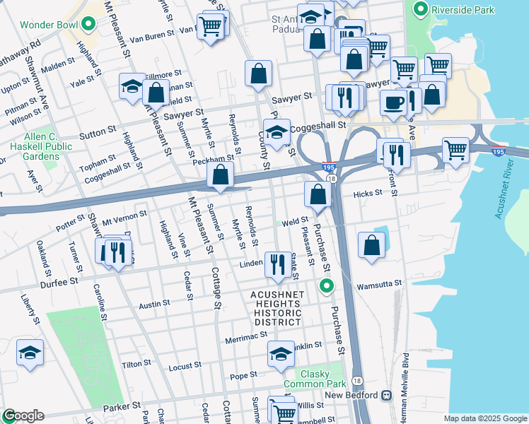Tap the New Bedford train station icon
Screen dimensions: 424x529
[x=387, y=395]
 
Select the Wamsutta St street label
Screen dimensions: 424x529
[x=379, y=283]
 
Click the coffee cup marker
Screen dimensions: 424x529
[x=394, y=102]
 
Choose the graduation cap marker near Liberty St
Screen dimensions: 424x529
[x=30, y=353]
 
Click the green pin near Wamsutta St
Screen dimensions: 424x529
[x=326, y=285]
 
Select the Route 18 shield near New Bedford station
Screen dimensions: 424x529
[x=356, y=379]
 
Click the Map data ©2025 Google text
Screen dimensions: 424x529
[x=484, y=418]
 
